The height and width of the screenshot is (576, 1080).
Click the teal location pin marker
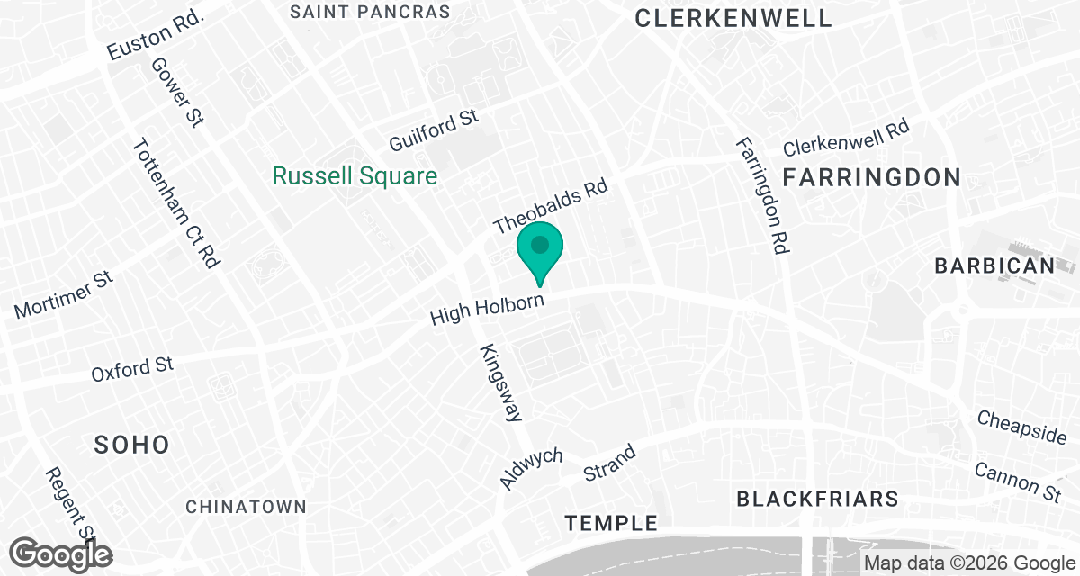tap(540, 249)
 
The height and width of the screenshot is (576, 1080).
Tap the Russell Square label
tap(355, 175)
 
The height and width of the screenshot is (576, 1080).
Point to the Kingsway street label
tap(501, 382)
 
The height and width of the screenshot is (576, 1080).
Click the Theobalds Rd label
tap(551, 207)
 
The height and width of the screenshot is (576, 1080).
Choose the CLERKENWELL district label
tap(733, 18)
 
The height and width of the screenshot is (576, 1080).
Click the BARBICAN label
tap(994, 265)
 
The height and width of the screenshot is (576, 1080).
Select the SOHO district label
tap(132, 444)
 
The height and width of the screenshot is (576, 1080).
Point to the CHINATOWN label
tap(246, 507)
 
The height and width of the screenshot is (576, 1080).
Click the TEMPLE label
tap(611, 522)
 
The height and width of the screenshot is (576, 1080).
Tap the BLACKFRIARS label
tap(817, 498)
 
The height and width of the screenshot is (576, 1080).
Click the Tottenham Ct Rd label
tap(176, 203)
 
